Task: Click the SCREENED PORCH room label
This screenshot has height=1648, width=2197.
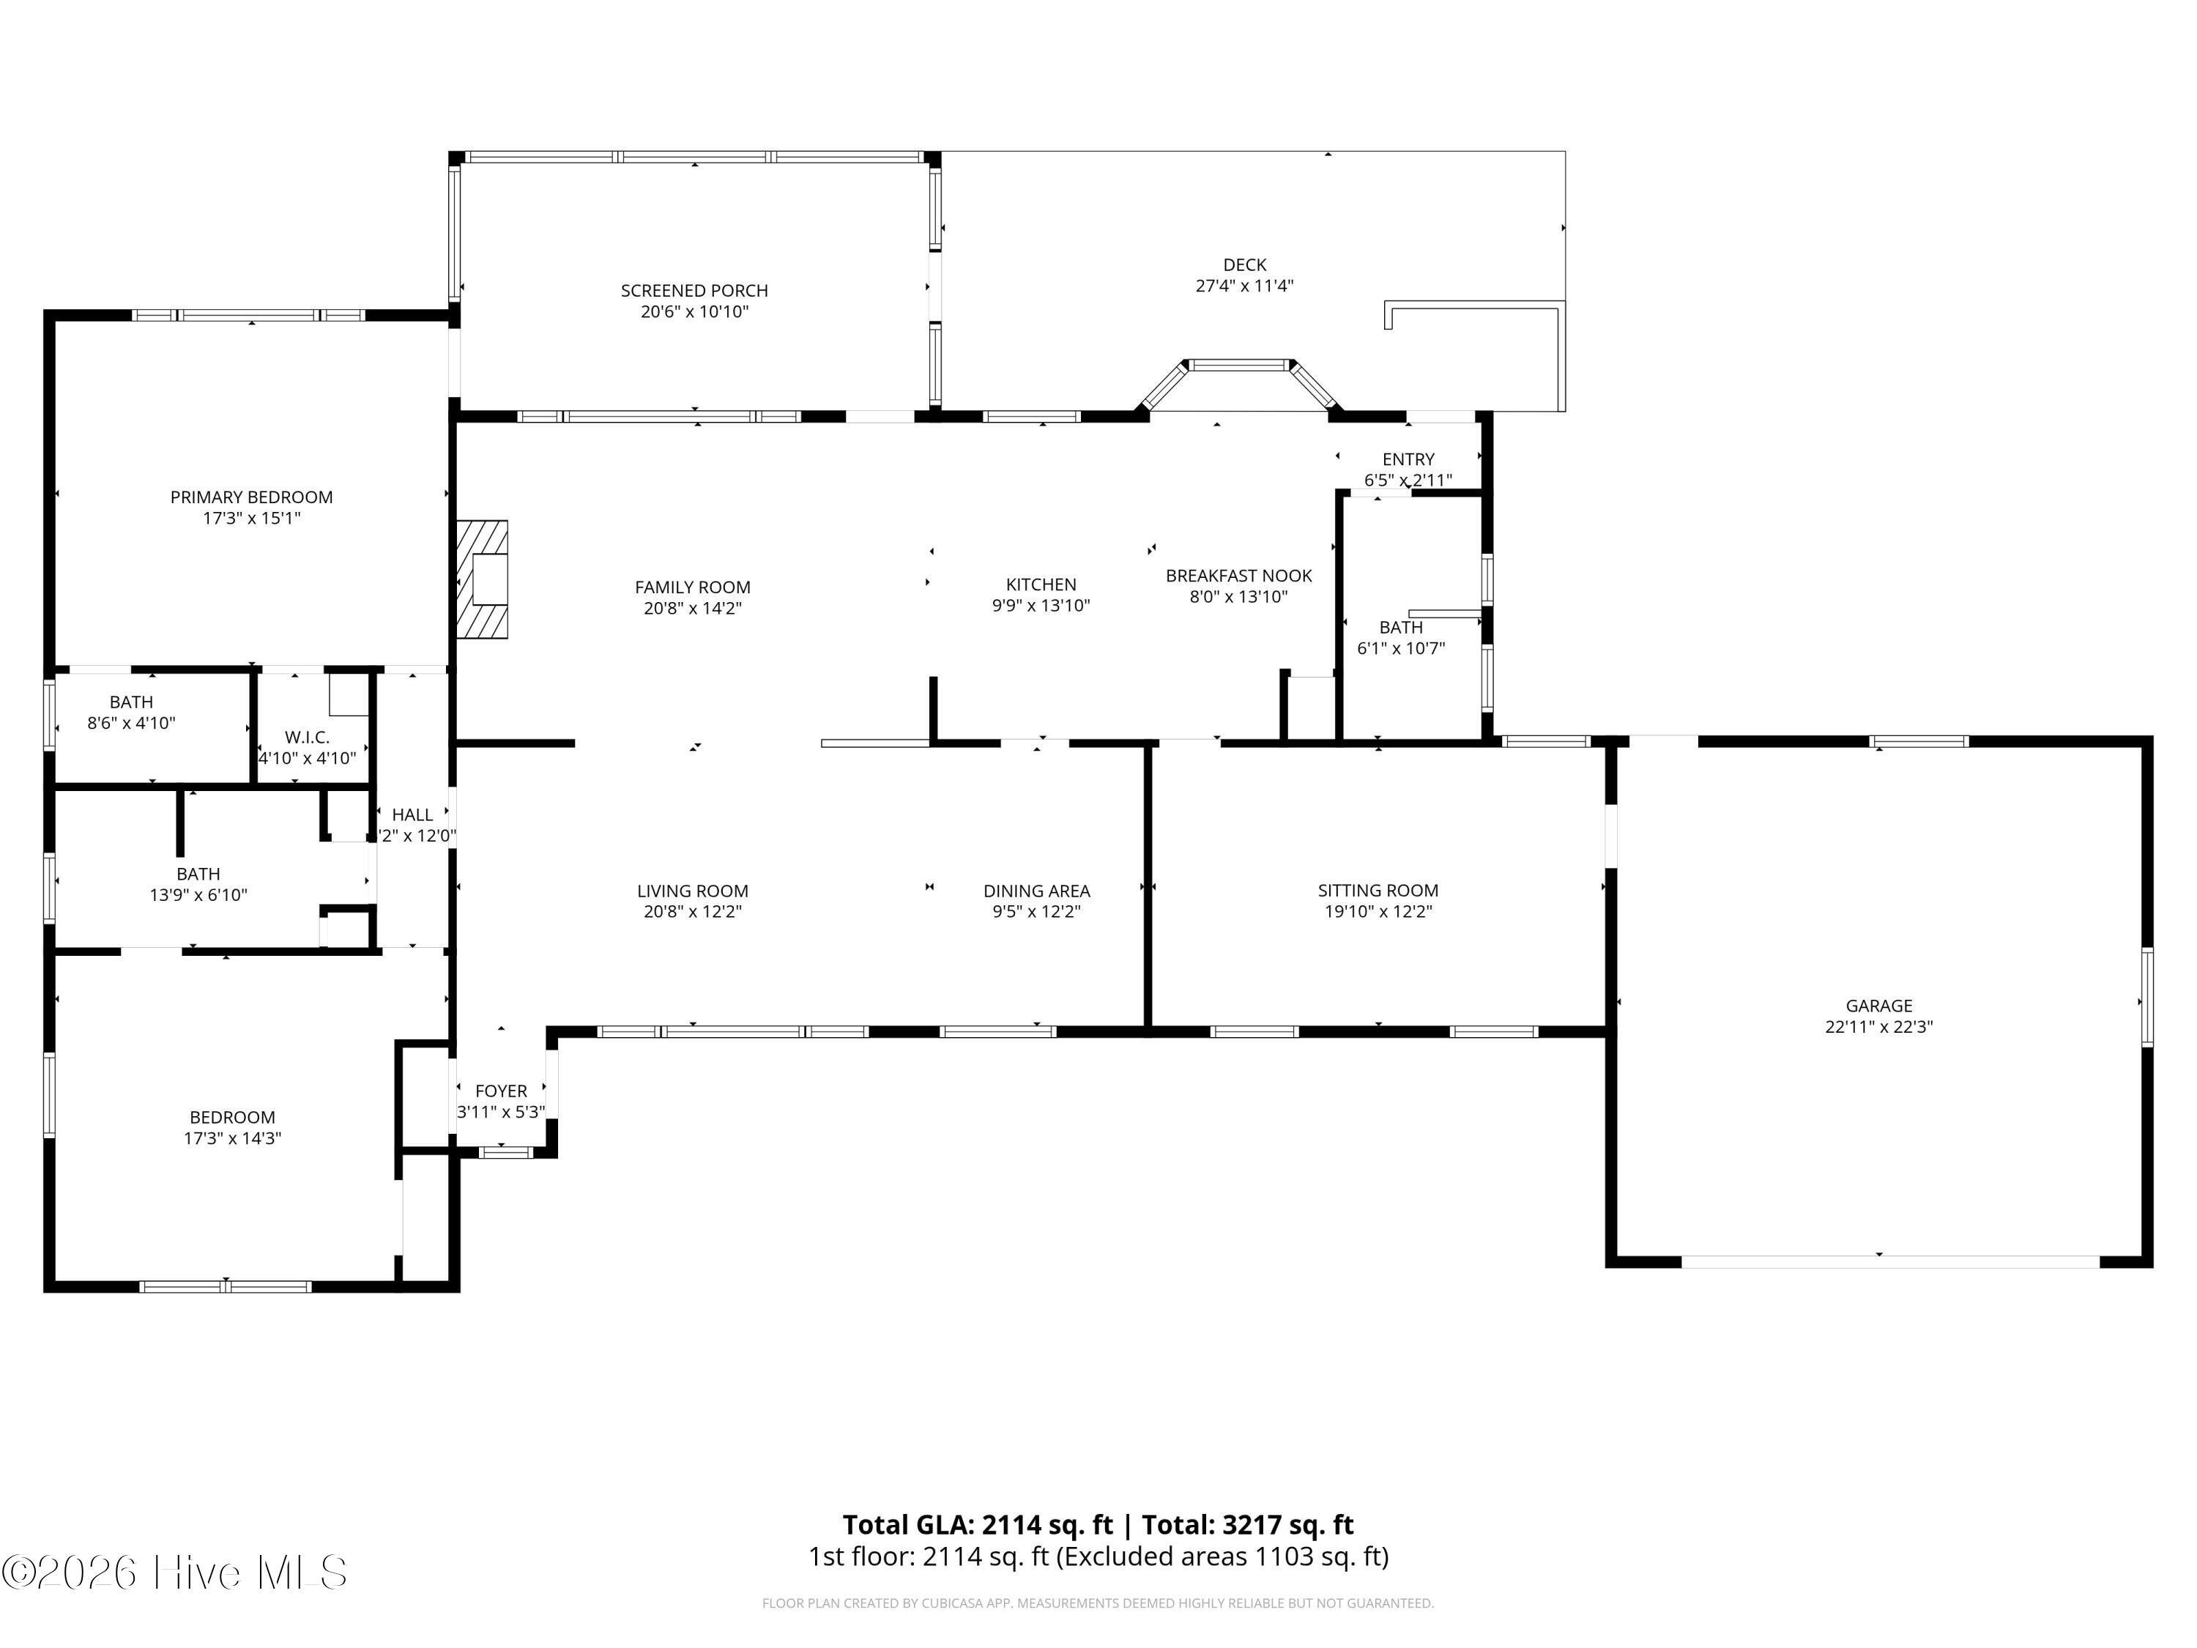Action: [x=694, y=291]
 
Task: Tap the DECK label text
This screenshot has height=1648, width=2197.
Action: [x=1244, y=265]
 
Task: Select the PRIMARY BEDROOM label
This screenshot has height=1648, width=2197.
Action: [x=251, y=497]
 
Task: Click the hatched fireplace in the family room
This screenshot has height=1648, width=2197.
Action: [x=483, y=579]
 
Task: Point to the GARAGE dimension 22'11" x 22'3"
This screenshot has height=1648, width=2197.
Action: [x=1878, y=1027]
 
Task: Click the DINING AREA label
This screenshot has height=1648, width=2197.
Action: [x=1037, y=892]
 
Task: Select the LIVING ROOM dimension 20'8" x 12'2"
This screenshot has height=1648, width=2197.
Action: [x=692, y=912]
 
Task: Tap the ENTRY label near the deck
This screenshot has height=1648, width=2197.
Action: [x=1408, y=460]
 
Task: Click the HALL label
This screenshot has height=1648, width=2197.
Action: [x=412, y=815]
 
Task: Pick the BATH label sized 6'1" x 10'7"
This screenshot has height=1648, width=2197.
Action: [x=1400, y=628]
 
